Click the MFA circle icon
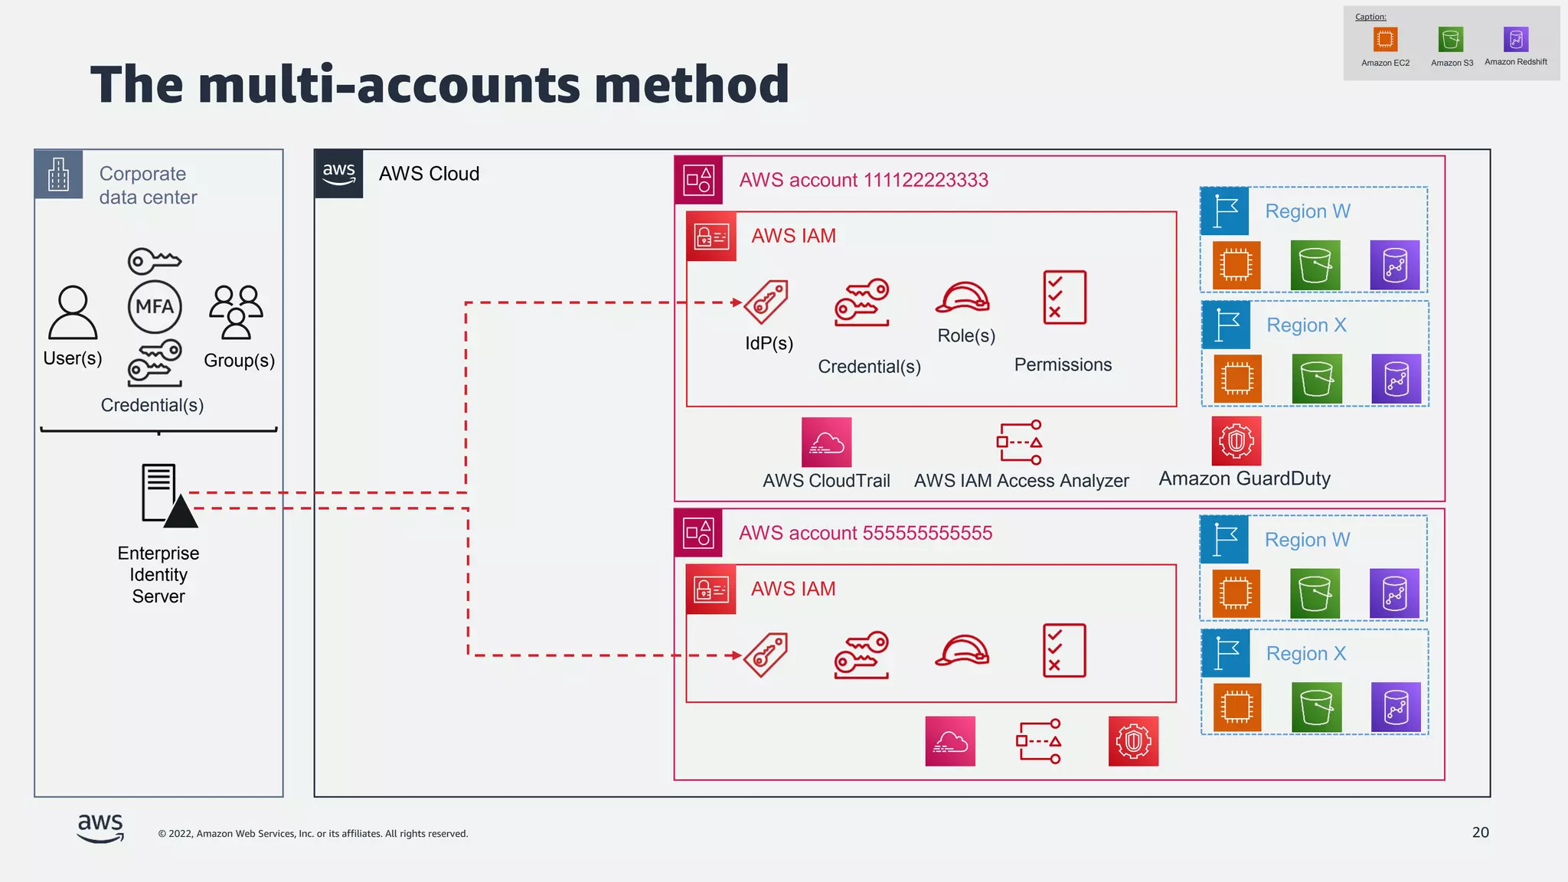coord(155,307)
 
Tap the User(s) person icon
coord(73,312)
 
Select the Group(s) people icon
coord(237,312)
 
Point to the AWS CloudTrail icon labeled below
coord(826,443)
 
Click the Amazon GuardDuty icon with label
coord(1236,441)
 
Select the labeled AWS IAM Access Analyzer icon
coord(1020,443)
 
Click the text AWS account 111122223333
coord(863,180)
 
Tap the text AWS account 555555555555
coord(865,533)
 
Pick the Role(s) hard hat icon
coord(962,298)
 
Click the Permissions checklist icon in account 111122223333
coord(1064,297)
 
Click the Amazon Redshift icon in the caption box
coord(1515,39)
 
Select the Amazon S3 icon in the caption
coord(1451,39)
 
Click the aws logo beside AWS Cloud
coord(338,174)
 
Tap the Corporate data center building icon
coord(59,175)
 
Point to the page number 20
coord(1480,832)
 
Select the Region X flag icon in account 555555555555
coord(1226,653)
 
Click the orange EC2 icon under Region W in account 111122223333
coord(1236,266)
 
